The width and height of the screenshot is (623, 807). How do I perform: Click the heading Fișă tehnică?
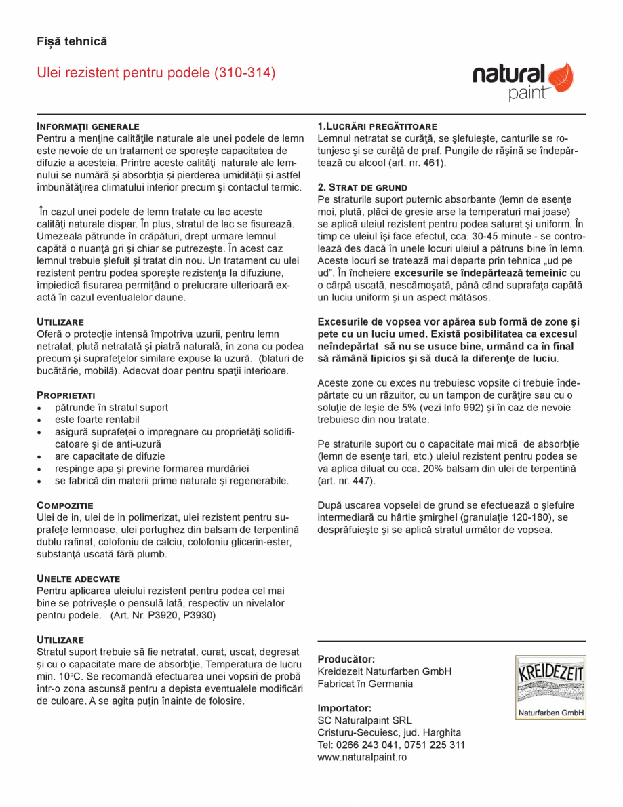pyautogui.click(x=72, y=42)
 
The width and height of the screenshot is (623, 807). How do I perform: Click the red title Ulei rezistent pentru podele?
pyautogui.click(x=156, y=73)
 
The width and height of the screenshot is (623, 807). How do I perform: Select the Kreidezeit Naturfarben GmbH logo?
pyautogui.click(x=550, y=687)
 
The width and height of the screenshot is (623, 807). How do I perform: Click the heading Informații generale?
pyautogui.click(x=87, y=127)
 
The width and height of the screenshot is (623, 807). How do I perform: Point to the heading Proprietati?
pyautogui.click(x=66, y=395)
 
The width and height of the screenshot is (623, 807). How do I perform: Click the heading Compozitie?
pyautogui.click(x=64, y=505)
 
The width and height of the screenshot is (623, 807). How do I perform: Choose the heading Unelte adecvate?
pyautogui.click(x=78, y=578)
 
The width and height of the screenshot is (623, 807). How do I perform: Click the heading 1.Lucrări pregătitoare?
pyautogui.click(x=378, y=127)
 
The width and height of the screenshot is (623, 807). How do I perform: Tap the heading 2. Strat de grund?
pyautogui.click(x=363, y=187)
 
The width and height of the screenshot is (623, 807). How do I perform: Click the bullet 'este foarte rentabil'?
pyautogui.click(x=97, y=420)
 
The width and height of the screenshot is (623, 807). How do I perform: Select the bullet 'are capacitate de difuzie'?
pyautogui.click(x=110, y=456)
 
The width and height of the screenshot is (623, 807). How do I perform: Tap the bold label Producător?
pyautogui.click(x=346, y=659)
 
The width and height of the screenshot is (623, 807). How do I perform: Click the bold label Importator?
pyautogui.click(x=344, y=708)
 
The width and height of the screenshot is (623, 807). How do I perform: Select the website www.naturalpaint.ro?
pyautogui.click(x=362, y=757)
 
